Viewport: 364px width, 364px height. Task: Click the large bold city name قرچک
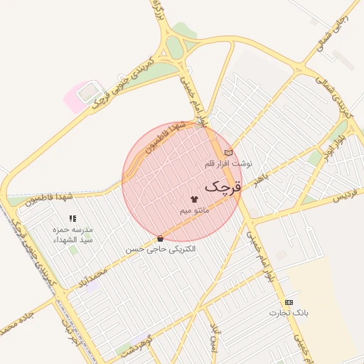pyautogui.click(x=223, y=186)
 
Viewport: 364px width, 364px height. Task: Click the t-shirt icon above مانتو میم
pyautogui.click(x=194, y=199)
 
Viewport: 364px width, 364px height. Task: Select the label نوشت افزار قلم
pyautogui.click(x=228, y=164)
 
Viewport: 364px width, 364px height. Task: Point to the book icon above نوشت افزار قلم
pyautogui.click(x=228, y=152)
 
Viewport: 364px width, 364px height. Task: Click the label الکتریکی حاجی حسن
pyautogui.click(x=161, y=250)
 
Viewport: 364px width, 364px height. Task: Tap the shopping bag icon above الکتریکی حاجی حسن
pyautogui.click(x=160, y=239)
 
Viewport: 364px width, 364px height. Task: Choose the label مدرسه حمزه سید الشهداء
pyautogui.click(x=73, y=235)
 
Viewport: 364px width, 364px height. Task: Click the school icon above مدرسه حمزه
pyautogui.click(x=72, y=219)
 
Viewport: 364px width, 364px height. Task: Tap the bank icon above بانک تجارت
pyautogui.click(x=289, y=302)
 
